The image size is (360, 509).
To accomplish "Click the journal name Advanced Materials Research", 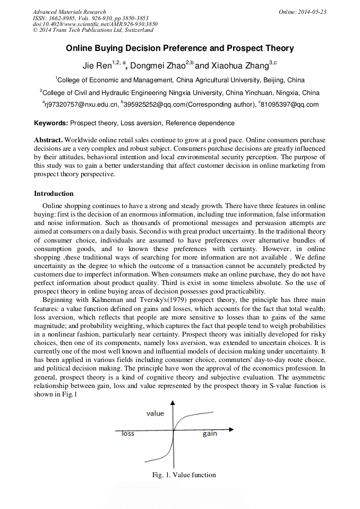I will (x=69, y=12).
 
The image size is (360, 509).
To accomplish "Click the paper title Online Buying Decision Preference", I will (x=179, y=48).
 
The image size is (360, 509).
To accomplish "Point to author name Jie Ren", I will (x=95, y=66).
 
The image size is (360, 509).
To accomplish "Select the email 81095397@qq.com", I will (x=290, y=105).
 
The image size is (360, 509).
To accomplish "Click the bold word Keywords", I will (x=51, y=123).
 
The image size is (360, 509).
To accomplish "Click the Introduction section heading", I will (x=54, y=194).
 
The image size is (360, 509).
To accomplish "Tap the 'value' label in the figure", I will (x=155, y=413).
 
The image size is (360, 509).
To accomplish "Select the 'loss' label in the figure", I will (x=128, y=434).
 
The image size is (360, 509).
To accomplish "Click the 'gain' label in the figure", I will (x=210, y=434).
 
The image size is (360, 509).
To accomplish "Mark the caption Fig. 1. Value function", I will (x=184, y=475).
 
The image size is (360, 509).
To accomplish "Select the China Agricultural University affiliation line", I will (x=180, y=81).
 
